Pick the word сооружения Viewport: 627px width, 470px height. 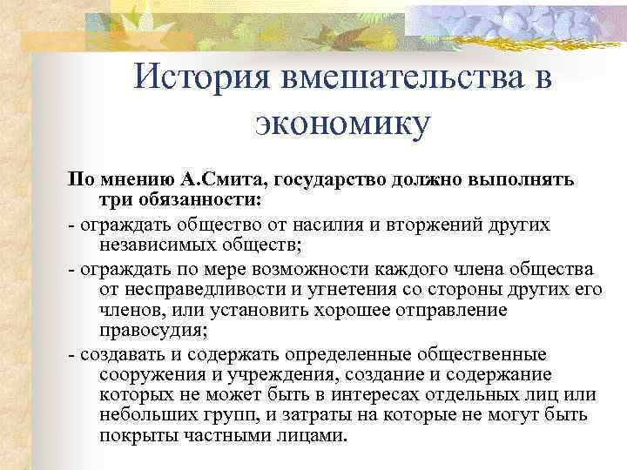[x=152, y=375]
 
